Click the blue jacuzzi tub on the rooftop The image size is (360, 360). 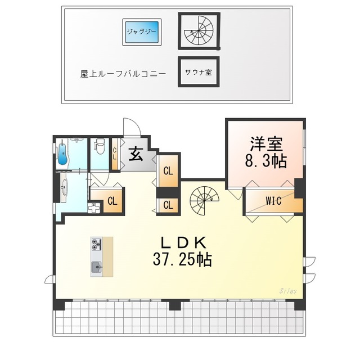click(x=142, y=33)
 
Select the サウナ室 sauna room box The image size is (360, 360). click(x=198, y=72)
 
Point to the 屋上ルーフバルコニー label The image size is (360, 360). click(x=123, y=74)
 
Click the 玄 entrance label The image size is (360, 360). click(x=135, y=154)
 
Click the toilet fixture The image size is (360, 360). click(x=100, y=147)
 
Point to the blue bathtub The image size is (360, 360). click(x=62, y=152)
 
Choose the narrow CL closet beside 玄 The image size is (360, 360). click(x=114, y=154)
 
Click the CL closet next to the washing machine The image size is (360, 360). click(x=112, y=200)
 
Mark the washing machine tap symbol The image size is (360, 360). click(x=93, y=206)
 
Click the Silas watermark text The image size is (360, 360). click(x=288, y=291)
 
